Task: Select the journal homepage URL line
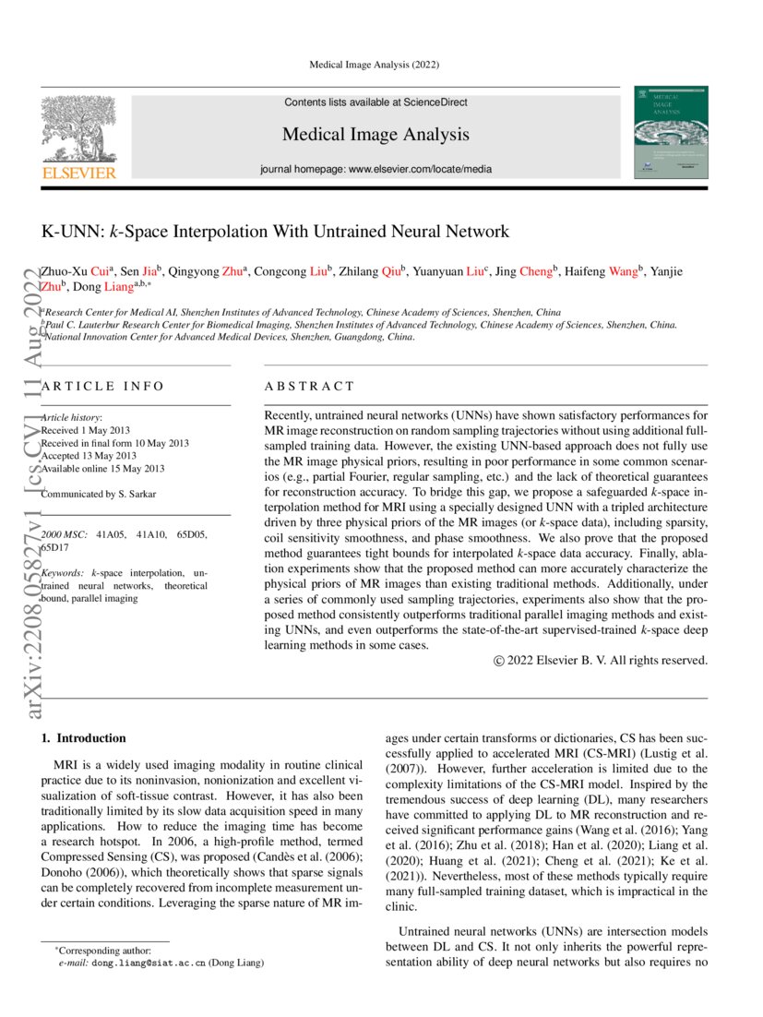tap(376, 169)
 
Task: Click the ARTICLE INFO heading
tap(102, 387)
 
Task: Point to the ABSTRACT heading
tap(309, 387)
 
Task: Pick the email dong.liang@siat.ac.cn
tap(148, 963)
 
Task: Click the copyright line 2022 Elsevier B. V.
tap(600, 660)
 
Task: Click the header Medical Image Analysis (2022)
tap(374, 65)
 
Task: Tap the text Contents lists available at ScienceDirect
tap(376, 102)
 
